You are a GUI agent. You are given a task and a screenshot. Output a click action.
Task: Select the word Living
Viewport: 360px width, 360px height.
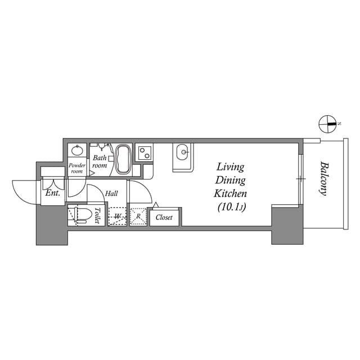tap(231, 167)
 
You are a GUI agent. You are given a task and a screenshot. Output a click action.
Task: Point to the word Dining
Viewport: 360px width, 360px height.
tap(231, 180)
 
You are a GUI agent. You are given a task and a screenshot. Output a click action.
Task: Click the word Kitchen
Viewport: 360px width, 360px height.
tap(231, 193)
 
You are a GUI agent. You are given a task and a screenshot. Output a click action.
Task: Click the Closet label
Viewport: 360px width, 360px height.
tap(164, 217)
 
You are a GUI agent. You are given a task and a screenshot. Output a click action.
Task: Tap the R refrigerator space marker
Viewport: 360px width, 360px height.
tap(138, 215)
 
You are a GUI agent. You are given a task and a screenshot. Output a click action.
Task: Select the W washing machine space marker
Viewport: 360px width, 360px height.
tap(118, 216)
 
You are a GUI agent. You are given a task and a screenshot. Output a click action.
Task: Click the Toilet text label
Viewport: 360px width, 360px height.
tap(97, 216)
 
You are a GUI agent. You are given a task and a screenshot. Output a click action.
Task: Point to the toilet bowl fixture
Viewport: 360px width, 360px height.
tap(80, 216)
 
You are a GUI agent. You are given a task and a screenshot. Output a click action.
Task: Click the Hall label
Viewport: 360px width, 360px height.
tap(111, 193)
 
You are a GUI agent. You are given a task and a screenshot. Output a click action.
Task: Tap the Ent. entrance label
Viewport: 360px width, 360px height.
tap(53, 193)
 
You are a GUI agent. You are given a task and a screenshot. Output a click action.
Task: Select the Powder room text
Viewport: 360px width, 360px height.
tap(76, 168)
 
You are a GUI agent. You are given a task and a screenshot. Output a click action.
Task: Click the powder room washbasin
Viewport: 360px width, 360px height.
tap(77, 151)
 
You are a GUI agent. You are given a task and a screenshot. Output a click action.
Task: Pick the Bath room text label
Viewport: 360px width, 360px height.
tap(100, 162)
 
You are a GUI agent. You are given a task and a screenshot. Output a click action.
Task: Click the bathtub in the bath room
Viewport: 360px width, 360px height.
tap(123, 159)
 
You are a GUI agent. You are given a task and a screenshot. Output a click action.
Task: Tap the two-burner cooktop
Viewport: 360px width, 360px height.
tap(145, 152)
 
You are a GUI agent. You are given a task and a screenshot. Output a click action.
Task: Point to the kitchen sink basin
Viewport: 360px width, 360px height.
tap(182, 152)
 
